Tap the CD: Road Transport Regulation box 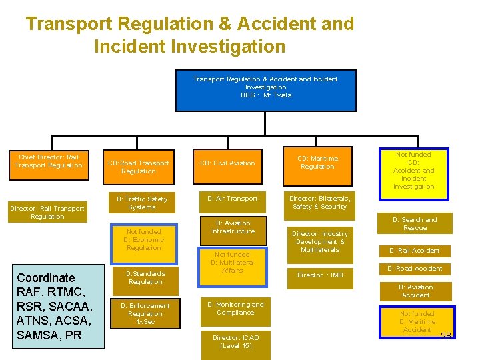[x=139, y=167]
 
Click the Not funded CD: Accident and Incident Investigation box [x=413, y=171]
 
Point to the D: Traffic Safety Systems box [x=141, y=203]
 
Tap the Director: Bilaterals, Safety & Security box [x=319, y=203]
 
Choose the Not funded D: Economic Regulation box [x=143, y=239]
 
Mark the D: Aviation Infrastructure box [x=233, y=227]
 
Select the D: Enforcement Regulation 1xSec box [x=145, y=313]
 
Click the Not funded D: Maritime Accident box [x=417, y=321]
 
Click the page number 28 [x=445, y=334]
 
